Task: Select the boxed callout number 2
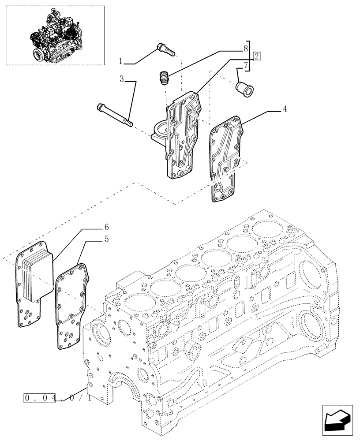pyautogui.click(x=256, y=56)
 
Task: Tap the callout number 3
pyautogui.click(x=121, y=79)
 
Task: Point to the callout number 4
pyautogui.click(x=285, y=109)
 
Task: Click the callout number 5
pyautogui.click(x=106, y=239)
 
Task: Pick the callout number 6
pyautogui.click(x=106, y=227)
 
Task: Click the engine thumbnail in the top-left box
pyautogui.click(x=55, y=35)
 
